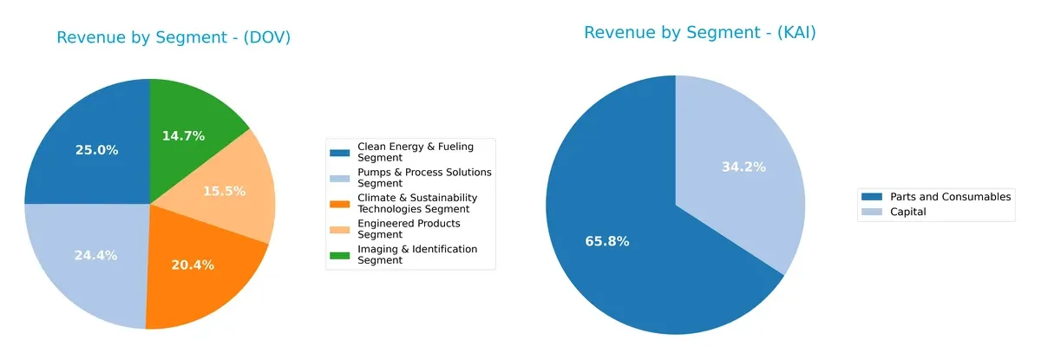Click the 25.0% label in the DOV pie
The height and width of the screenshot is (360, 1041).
click(x=96, y=150)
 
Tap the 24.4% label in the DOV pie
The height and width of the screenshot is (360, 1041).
click(x=96, y=255)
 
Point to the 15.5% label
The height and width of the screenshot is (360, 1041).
click(x=224, y=191)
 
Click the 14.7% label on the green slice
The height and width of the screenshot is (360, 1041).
click(x=183, y=135)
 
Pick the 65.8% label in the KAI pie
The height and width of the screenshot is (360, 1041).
click(x=607, y=241)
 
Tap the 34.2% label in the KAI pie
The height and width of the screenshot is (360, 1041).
click(x=743, y=167)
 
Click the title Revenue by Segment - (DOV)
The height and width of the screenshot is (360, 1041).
click(x=173, y=37)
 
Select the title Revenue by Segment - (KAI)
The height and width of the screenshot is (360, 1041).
click(x=700, y=33)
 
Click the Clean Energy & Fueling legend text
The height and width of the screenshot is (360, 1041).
click(x=416, y=152)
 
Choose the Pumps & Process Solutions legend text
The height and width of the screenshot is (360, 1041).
click(x=424, y=177)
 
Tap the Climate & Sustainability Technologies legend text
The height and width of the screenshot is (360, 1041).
click(x=417, y=203)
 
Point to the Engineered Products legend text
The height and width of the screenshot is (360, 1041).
click(x=409, y=228)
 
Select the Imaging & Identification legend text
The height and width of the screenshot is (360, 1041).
click(x=417, y=254)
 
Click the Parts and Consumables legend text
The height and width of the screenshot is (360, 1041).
click(x=951, y=197)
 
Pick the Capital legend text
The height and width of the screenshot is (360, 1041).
click(x=908, y=212)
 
